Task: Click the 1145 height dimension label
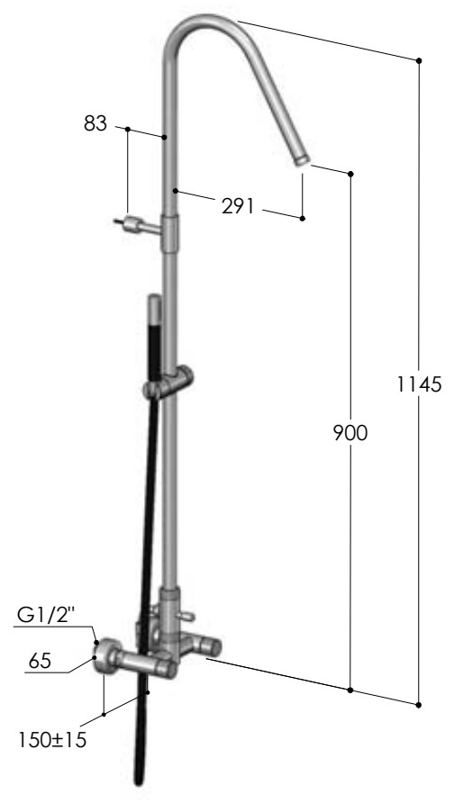419,383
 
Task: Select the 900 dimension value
350,433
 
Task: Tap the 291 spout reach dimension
238,206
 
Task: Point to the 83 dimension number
95,123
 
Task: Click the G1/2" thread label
46,615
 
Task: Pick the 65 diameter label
40,661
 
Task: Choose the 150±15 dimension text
52,739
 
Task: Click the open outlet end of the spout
302,161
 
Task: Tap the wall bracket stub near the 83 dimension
136,225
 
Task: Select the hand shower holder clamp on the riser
168,383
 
